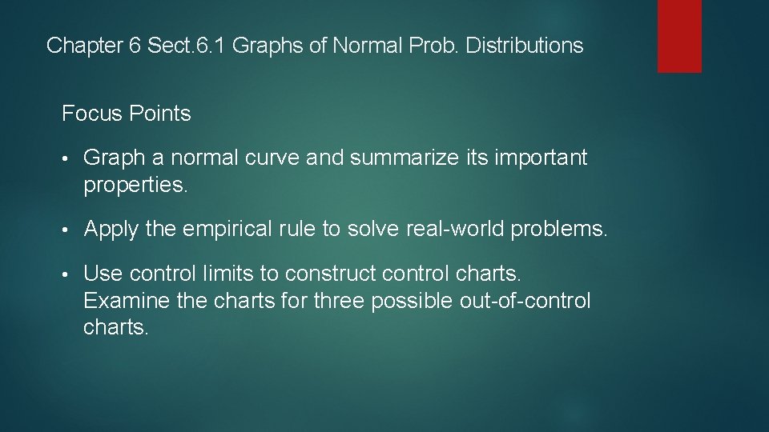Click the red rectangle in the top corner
coord(679,36)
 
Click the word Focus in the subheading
coord(91,114)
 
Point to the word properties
coord(135,186)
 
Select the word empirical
coord(227,230)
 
